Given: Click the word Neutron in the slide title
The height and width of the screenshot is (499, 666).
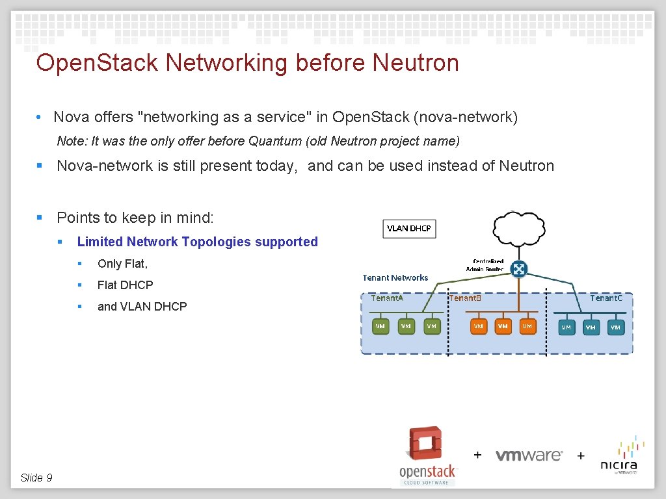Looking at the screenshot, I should pyautogui.click(x=416, y=63).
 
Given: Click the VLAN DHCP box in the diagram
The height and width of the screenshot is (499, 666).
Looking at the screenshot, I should pyautogui.click(x=409, y=229).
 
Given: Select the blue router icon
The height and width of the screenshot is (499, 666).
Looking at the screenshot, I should pyautogui.click(x=518, y=268).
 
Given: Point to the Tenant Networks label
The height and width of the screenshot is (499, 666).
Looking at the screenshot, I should pyautogui.click(x=395, y=277).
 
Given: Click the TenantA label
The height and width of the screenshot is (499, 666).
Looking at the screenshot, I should pyautogui.click(x=387, y=298).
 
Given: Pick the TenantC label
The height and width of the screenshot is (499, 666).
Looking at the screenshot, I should pyautogui.click(x=606, y=298).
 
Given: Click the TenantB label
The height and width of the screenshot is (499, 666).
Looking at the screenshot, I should pyautogui.click(x=465, y=298).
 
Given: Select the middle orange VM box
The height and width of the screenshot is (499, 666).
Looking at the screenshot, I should pyautogui.click(x=503, y=326).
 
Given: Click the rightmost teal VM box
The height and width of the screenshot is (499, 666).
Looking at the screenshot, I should pyautogui.click(x=615, y=327).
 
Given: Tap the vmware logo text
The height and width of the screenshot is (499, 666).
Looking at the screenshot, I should pyautogui.click(x=529, y=455).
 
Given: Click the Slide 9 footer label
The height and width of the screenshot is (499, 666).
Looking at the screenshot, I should pyautogui.click(x=36, y=478).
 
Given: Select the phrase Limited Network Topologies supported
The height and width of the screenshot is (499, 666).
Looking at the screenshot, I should pyautogui.click(x=197, y=242).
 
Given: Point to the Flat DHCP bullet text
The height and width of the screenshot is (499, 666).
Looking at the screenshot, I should pyautogui.click(x=126, y=285).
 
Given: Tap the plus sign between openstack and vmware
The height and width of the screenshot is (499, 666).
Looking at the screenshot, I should pyautogui.click(x=477, y=455).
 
